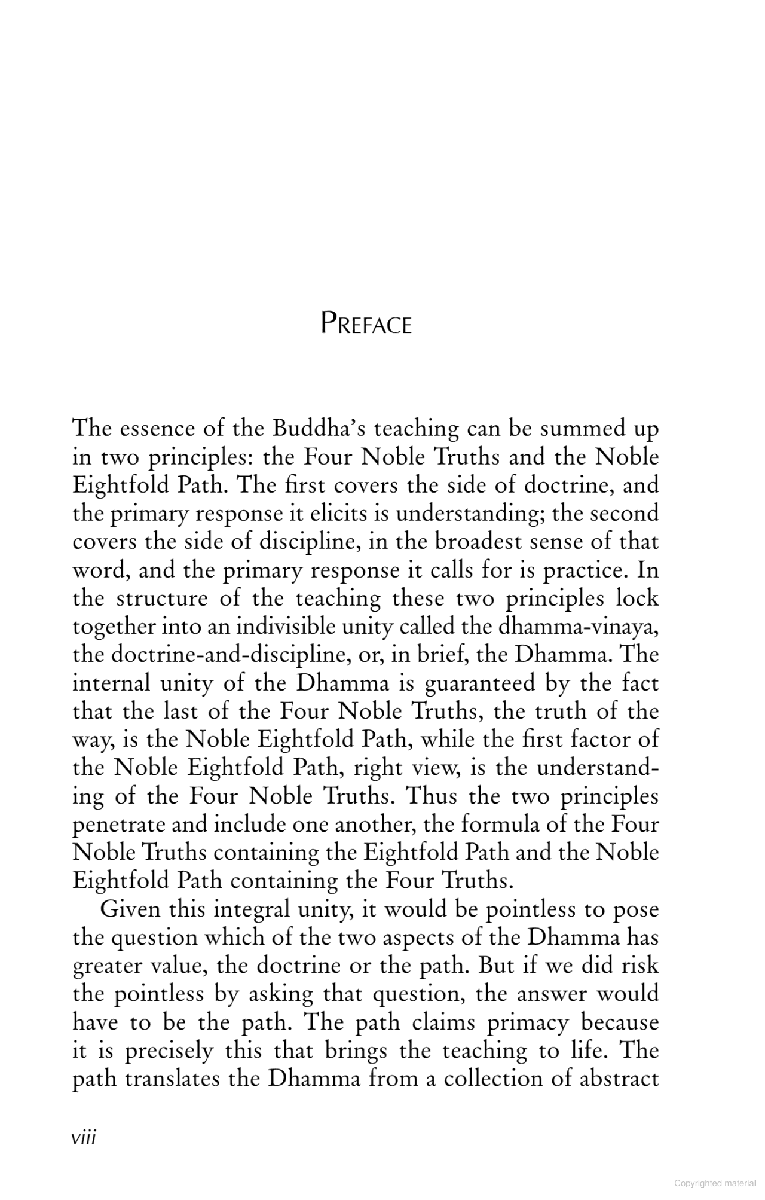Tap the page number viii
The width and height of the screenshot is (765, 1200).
pos(84,1137)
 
